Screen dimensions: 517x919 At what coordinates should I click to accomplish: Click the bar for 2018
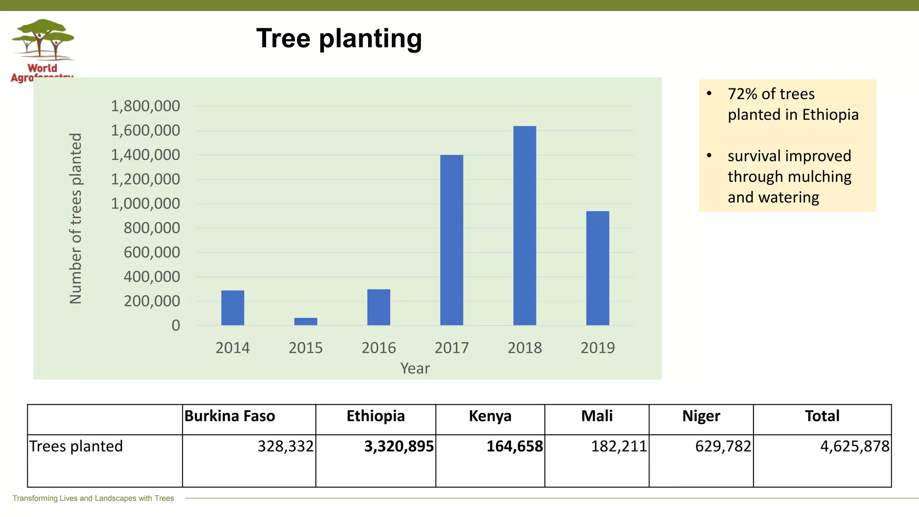(x=525, y=225)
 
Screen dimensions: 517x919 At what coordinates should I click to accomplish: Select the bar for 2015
(x=306, y=321)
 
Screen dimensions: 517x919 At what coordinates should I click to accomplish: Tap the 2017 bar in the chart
(x=451, y=240)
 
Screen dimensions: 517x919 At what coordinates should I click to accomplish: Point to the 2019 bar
(x=598, y=268)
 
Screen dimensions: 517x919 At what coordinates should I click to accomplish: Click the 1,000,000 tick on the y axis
(x=145, y=204)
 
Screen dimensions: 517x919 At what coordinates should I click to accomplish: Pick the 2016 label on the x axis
(x=379, y=348)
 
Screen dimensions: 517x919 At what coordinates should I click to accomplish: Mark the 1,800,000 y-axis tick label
(x=145, y=106)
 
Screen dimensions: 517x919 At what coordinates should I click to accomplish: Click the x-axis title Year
(x=415, y=368)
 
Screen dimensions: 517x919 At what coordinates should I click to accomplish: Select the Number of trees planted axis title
(x=76, y=219)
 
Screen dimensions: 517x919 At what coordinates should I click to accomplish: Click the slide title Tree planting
(x=339, y=38)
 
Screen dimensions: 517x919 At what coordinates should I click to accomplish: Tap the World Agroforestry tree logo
(x=43, y=40)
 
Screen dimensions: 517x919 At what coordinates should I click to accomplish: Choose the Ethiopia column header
(x=376, y=416)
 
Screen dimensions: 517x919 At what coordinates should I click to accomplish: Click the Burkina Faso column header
(x=230, y=416)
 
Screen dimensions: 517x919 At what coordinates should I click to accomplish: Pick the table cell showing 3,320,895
(x=399, y=446)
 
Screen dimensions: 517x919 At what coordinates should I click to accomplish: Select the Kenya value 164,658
(x=515, y=446)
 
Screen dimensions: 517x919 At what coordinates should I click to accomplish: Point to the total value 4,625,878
(x=854, y=446)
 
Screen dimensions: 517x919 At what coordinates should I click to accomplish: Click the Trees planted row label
(x=76, y=446)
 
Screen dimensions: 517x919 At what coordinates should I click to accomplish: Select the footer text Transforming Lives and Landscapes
(x=93, y=498)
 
